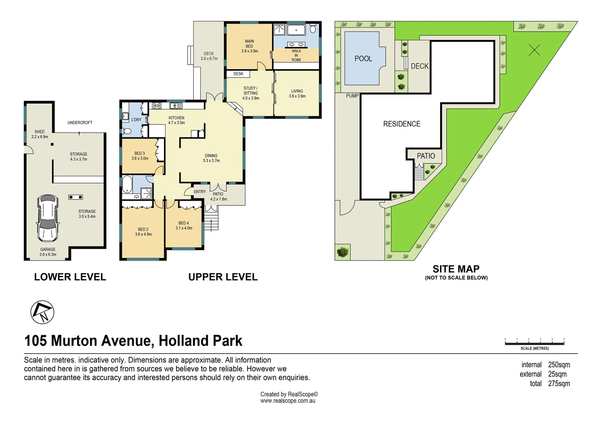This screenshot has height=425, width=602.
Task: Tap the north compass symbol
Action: tap(42, 312)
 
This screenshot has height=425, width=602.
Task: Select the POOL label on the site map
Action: tap(363, 59)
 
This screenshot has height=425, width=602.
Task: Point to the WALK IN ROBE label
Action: tap(296, 55)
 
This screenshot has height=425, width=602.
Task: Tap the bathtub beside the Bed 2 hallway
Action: tap(127, 185)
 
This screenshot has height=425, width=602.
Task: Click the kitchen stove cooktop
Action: tap(156, 105)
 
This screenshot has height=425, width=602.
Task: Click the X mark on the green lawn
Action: tap(534, 50)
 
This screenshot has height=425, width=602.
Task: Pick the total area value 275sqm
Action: tap(559, 384)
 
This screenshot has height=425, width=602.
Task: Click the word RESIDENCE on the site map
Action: tap(401, 124)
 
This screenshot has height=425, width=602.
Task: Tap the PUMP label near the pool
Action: tap(352, 96)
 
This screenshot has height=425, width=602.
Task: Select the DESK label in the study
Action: tap(238, 74)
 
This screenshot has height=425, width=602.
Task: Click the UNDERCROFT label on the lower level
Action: tap(80, 123)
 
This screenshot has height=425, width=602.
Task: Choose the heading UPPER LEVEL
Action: tap(223, 277)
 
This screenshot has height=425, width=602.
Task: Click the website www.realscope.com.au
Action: tap(288, 401)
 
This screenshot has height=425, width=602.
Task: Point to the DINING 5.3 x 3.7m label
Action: tap(211, 158)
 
